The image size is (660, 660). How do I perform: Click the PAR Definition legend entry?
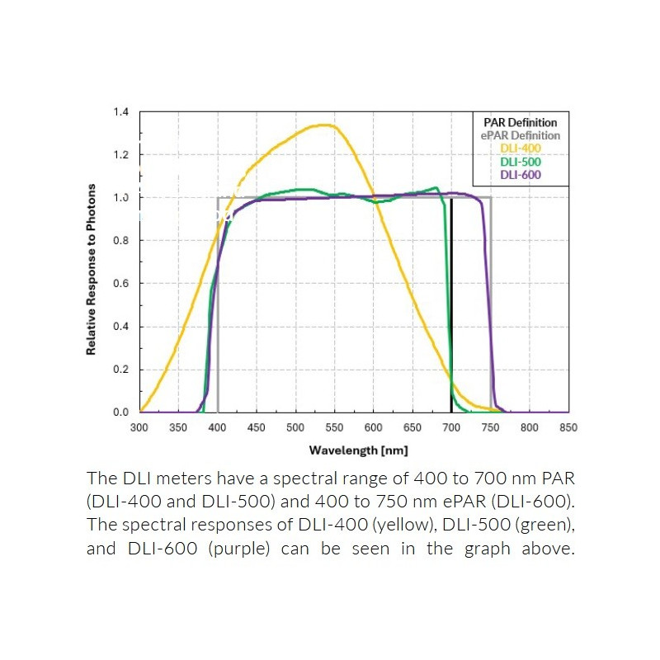coord(520,123)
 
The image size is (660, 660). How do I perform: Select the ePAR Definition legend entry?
coord(520,135)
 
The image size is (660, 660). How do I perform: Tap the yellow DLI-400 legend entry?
coord(520,148)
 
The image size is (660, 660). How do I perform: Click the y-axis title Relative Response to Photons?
coord(92,270)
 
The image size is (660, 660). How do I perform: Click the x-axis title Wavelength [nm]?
coord(358,450)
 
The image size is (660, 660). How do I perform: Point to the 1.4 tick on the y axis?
coord(120,111)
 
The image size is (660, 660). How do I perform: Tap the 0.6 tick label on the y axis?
coord(120,283)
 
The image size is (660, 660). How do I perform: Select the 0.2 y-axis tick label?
coord(120,369)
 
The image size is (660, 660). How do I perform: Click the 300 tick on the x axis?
coord(139,427)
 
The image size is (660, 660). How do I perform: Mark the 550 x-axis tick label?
coord(334,427)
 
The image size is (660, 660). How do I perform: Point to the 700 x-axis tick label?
coord(451,427)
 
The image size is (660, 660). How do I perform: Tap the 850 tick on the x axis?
coord(568,427)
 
